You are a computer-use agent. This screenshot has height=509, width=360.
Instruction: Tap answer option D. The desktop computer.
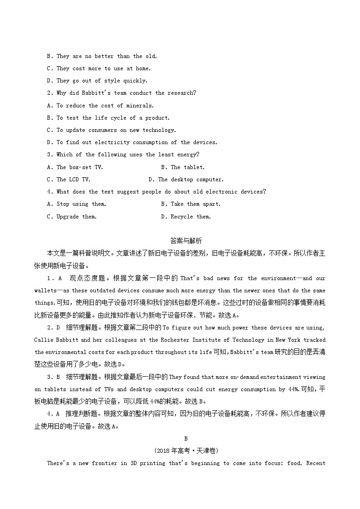pos(186,179)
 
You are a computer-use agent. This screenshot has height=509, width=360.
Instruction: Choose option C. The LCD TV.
pos(68,179)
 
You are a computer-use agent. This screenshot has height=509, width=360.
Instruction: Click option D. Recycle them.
pos(186,217)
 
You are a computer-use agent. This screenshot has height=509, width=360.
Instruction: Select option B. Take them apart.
pos(190,204)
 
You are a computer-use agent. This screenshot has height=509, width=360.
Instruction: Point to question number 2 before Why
pos(49,93)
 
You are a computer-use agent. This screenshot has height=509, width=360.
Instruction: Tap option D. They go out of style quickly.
pos(97,81)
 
